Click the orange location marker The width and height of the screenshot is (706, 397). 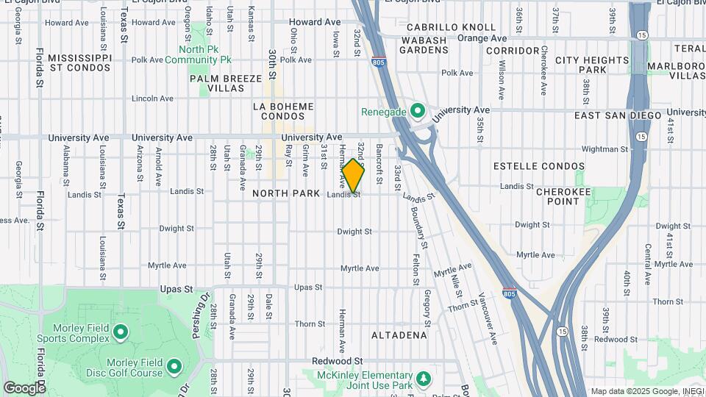(x=354, y=176)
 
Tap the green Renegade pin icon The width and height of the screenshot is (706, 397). (x=418, y=112)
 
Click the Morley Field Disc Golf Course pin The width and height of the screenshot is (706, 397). (x=174, y=366)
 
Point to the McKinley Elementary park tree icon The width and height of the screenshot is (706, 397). (x=423, y=379)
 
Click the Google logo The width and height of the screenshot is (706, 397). (x=24, y=387)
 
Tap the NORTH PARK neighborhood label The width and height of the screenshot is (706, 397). (x=286, y=193)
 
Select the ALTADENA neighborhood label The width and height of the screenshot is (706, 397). (x=399, y=335)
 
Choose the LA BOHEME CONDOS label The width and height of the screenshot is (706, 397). (x=283, y=111)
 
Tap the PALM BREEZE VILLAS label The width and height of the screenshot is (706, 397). (x=226, y=82)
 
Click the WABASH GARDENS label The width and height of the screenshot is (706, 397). (x=424, y=45)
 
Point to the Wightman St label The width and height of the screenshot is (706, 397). (x=604, y=149)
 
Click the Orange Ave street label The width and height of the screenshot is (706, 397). (x=482, y=37)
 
